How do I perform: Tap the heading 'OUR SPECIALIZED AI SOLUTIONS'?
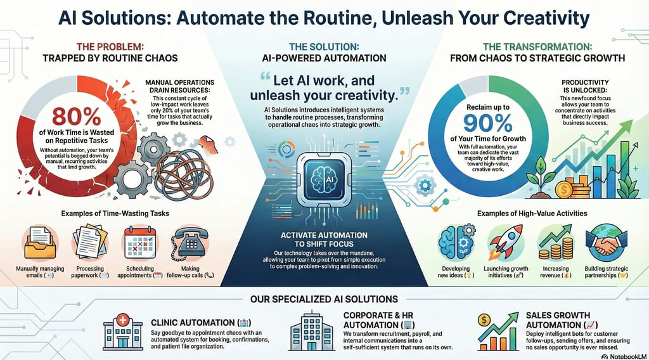[x=324, y=298]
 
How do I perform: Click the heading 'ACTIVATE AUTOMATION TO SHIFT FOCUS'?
[x=324, y=240]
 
